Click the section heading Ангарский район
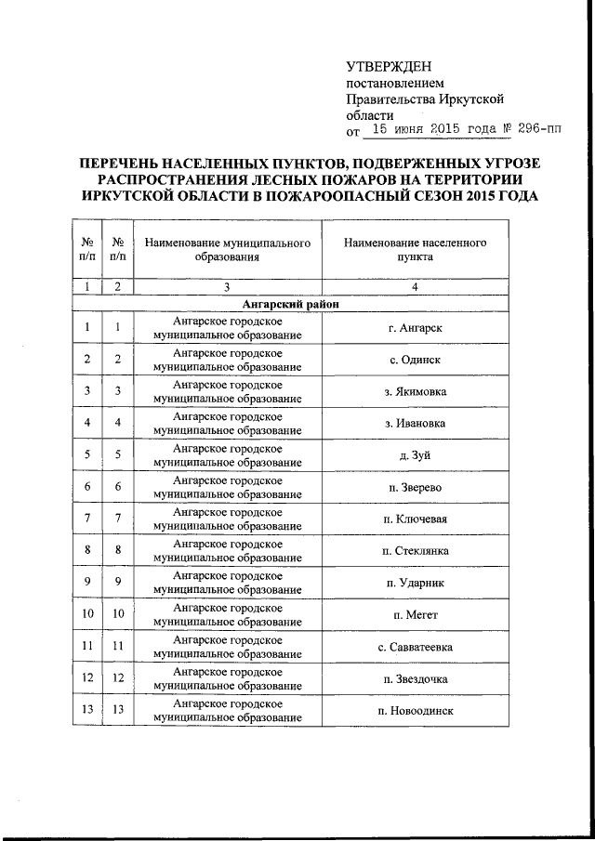tap(290, 304)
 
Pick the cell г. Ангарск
tap(415, 328)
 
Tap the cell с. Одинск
tap(415, 360)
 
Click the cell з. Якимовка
tap(415, 391)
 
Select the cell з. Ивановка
tap(415, 423)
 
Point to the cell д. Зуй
tap(415, 455)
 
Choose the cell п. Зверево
tap(415, 487)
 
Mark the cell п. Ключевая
tap(415, 519)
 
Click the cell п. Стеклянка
tap(415, 550)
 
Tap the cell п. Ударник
tap(415, 582)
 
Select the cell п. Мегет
tap(415, 614)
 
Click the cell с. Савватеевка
tap(415, 646)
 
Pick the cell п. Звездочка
tap(415, 677)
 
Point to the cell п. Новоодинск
tap(415, 710)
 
